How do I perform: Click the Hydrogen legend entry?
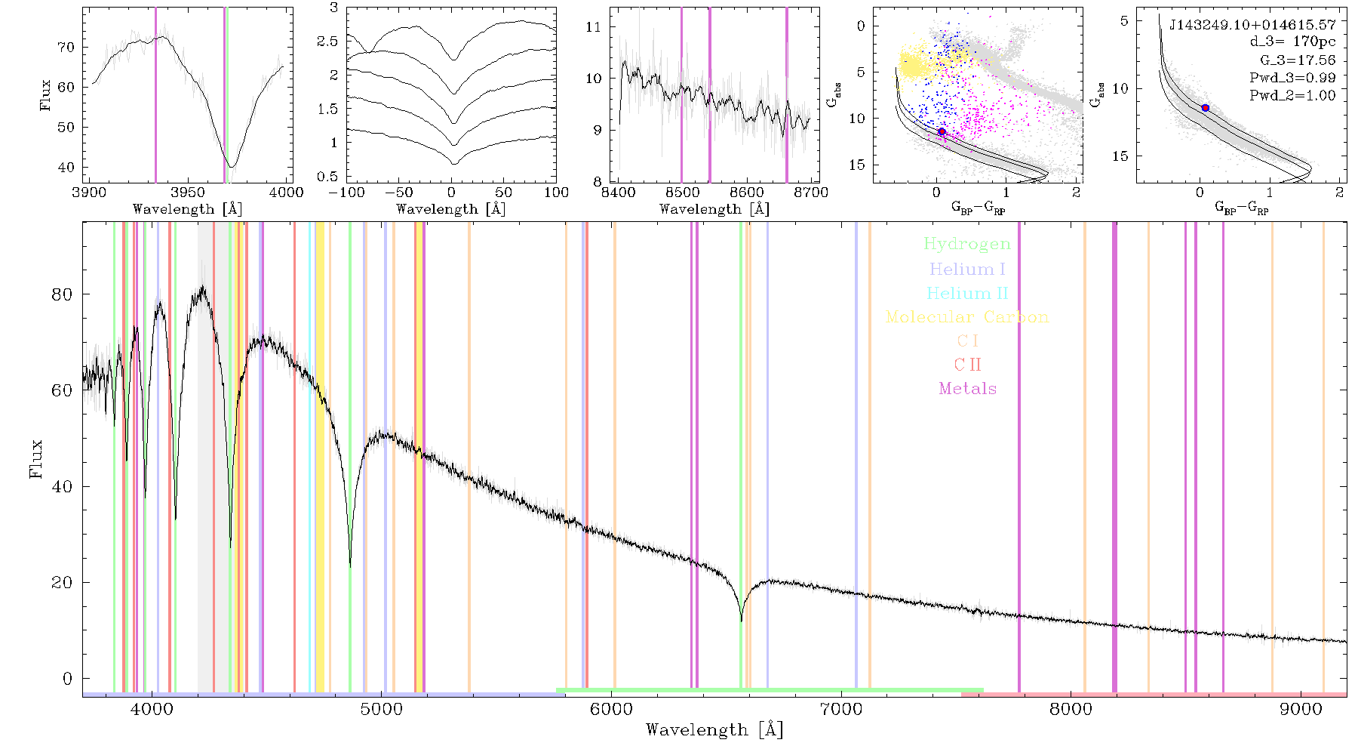(x=966, y=245)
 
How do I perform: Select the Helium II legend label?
(x=966, y=293)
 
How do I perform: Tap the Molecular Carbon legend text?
(x=967, y=317)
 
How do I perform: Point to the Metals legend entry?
(x=967, y=389)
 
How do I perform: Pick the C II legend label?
(x=967, y=365)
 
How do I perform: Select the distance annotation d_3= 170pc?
(x=1292, y=42)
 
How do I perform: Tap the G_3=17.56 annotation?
(x=1298, y=60)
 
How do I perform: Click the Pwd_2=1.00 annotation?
(x=1292, y=96)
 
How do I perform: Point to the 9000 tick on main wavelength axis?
(x=1301, y=709)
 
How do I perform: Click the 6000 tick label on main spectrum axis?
(x=611, y=709)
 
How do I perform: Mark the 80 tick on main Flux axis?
(x=62, y=294)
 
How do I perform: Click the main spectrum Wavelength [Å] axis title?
(x=714, y=730)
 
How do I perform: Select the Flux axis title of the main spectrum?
(x=35, y=458)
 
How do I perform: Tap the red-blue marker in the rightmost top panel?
(x=1205, y=108)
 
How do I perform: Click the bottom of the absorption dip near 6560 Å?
(x=741, y=621)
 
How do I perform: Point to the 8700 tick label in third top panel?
(x=810, y=192)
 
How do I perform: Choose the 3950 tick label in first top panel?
(x=188, y=192)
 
